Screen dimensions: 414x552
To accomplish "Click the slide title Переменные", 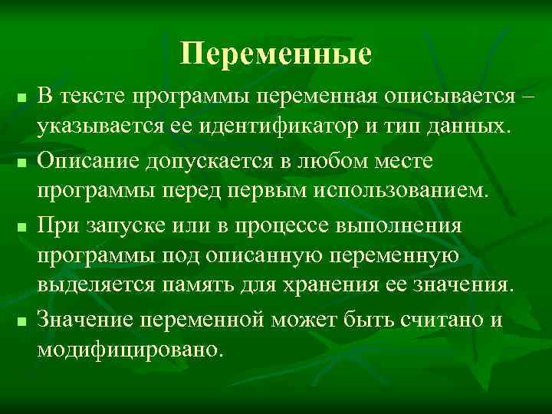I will pyautogui.click(x=276, y=54).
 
